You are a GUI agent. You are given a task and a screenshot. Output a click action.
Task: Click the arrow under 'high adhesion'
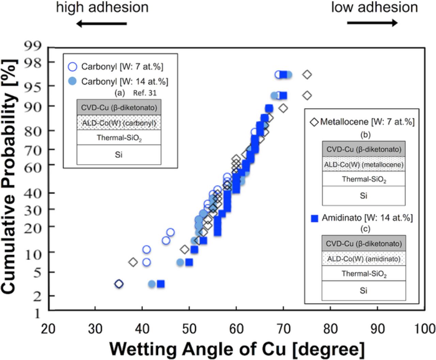click(101, 24)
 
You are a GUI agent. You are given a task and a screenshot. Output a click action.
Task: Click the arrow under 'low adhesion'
click(372, 23)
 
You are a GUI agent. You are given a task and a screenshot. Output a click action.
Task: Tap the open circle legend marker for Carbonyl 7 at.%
click(72, 66)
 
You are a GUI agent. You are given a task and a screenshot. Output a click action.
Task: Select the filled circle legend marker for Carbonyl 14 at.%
click(72, 81)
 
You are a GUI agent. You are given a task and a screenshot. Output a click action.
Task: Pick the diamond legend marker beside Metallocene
click(314, 122)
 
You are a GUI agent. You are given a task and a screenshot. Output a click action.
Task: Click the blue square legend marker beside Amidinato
click(314, 218)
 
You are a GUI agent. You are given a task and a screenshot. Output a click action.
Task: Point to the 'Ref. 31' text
click(145, 93)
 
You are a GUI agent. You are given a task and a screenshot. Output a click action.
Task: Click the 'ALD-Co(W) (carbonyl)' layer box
click(119, 123)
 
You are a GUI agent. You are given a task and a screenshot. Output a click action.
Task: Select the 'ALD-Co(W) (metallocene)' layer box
click(363, 165)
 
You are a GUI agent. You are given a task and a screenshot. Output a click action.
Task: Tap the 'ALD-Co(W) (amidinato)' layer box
click(363, 259)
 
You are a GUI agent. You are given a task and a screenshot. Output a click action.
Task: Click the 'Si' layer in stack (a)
click(119, 155)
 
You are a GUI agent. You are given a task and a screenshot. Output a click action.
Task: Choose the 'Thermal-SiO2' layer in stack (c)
click(363, 274)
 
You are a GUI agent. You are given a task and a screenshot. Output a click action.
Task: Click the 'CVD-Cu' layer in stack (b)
click(363, 149)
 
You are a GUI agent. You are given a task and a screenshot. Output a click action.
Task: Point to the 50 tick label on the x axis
click(189, 329)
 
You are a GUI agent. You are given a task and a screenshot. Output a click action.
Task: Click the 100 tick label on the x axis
click(424, 329)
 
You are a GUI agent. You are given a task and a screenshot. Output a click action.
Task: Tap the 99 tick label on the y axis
click(33, 45)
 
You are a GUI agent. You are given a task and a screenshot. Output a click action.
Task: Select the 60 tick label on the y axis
click(33, 168)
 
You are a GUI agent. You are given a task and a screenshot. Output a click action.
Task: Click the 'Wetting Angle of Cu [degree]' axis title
click(237, 349)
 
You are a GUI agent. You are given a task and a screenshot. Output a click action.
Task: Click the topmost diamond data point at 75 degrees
click(307, 75)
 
